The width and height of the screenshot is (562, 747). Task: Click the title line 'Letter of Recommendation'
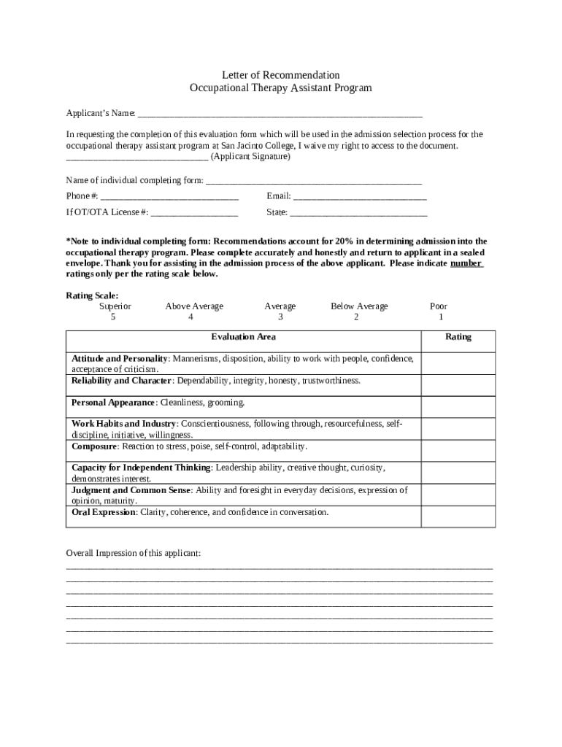[281, 75]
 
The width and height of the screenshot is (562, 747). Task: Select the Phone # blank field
[169, 197]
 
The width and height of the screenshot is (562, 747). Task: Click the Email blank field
[360, 197]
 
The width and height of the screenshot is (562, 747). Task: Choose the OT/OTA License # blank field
[194, 213]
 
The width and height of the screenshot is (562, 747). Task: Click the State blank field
[358, 213]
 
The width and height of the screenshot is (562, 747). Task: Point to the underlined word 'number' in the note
[466, 263]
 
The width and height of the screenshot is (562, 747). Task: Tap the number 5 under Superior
[113, 317]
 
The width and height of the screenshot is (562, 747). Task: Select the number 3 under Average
[280, 317]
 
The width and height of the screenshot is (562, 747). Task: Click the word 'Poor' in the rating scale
[439, 306]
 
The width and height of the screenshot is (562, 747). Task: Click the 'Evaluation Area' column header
[244, 337]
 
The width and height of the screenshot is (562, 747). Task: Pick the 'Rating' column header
[458, 337]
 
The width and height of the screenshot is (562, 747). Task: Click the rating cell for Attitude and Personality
[458, 363]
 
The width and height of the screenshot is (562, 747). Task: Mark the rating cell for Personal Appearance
[458, 407]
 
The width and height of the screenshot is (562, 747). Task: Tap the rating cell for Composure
[458, 450]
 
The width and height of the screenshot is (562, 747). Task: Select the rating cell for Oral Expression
[458, 516]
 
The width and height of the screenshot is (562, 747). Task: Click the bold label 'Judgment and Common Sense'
[131, 490]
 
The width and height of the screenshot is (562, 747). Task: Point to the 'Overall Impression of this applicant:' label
[133, 554]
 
